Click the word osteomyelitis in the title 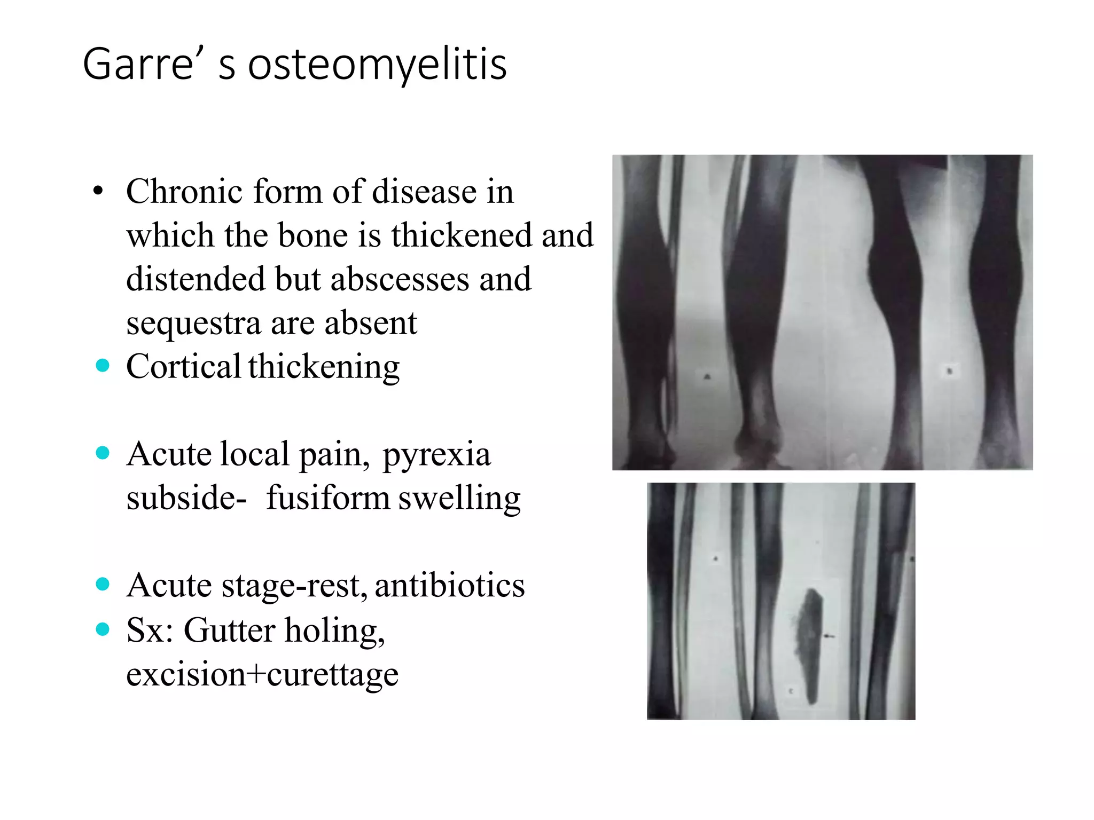point(377,65)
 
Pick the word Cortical point(183,367)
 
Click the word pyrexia point(436,455)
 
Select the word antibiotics point(450,586)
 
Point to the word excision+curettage point(262,674)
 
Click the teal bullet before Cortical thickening point(103,366)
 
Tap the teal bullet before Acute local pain point(103,453)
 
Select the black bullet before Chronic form point(98,191)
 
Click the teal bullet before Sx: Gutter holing point(103,629)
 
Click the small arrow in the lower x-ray point(829,636)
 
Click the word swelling point(459,498)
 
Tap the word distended point(196,279)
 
